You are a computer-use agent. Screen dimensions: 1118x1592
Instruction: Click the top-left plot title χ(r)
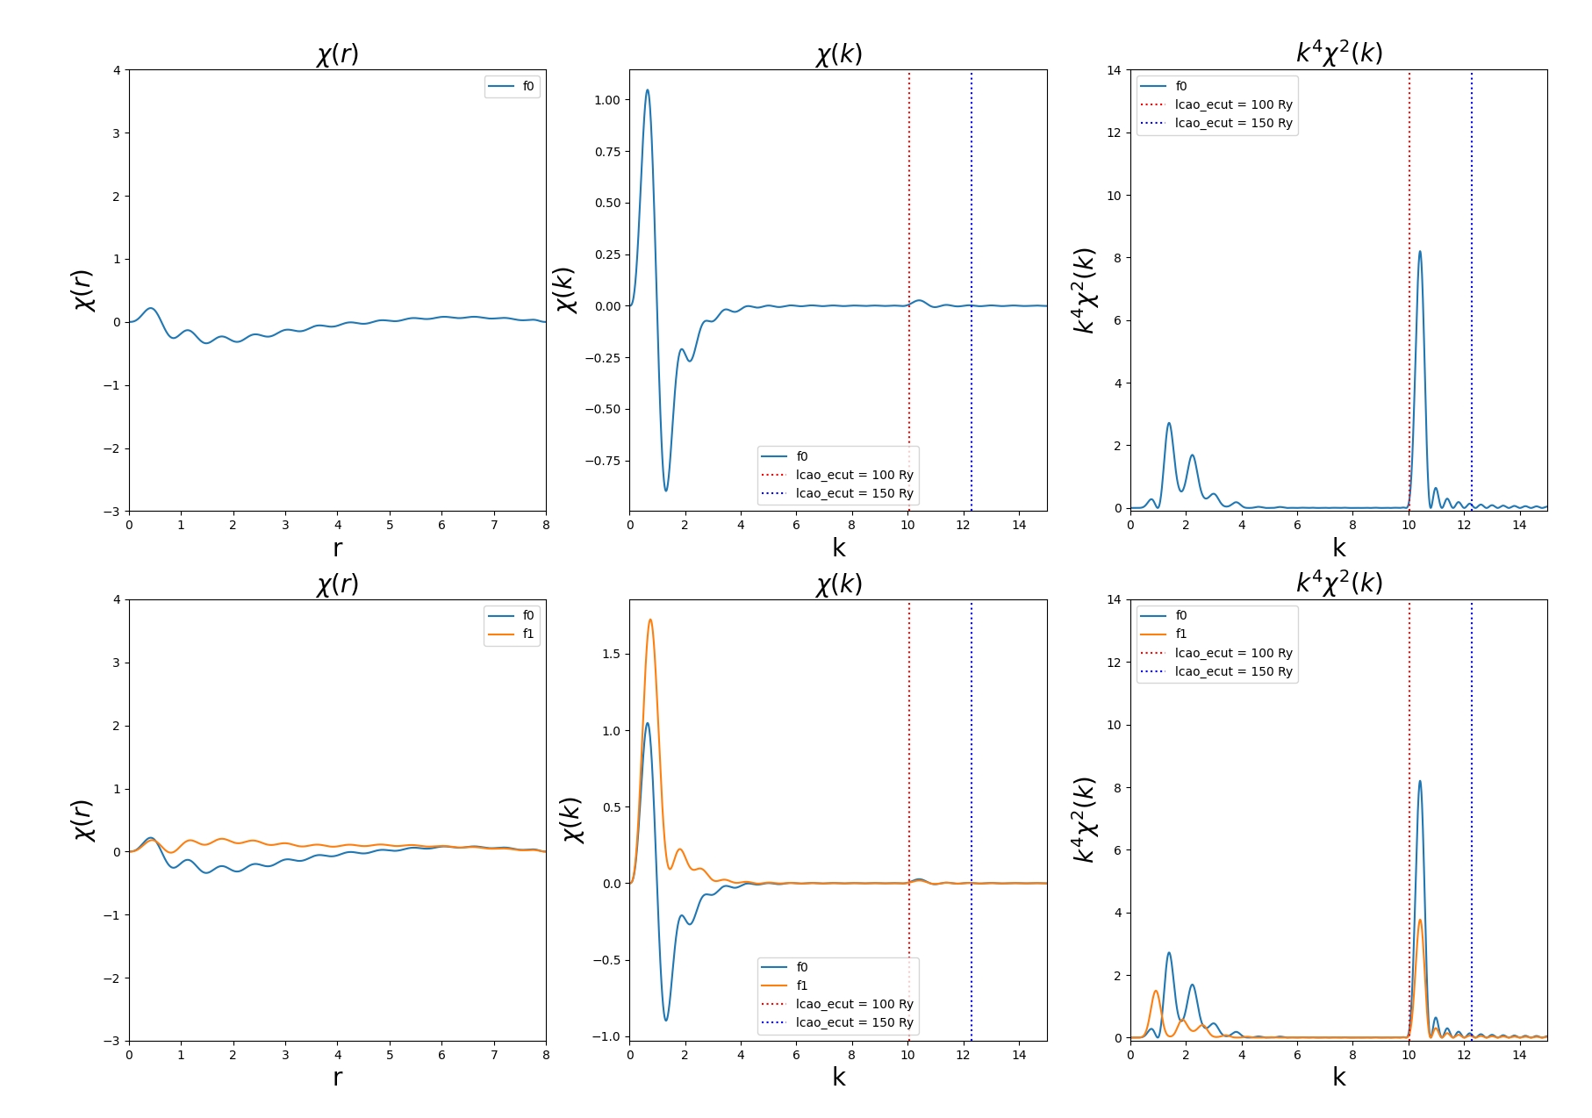[x=338, y=54]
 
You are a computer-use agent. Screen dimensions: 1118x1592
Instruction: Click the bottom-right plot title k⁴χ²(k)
[x=1339, y=583]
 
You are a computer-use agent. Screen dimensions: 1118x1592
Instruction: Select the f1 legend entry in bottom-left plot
[x=527, y=634]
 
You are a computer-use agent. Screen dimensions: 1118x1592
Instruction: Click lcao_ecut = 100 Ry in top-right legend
[x=1233, y=104]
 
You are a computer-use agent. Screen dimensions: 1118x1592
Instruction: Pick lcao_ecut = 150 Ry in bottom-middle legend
[x=854, y=1022]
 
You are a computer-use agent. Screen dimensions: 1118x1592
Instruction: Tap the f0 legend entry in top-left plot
[x=527, y=86]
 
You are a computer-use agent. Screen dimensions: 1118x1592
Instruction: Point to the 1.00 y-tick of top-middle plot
[x=606, y=100]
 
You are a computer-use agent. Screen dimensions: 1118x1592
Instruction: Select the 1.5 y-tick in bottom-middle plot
[x=611, y=654]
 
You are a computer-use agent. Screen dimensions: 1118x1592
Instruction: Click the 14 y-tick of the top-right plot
[x=1114, y=70]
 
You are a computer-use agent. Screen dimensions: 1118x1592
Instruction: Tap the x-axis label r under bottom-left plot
[x=338, y=1077]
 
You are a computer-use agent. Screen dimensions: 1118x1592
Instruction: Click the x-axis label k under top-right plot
[x=1339, y=548]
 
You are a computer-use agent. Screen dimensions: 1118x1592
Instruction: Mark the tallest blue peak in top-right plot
[x=1420, y=252]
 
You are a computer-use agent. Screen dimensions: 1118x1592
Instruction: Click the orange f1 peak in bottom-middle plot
[x=650, y=620]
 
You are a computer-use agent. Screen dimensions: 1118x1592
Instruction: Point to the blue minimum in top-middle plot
[x=666, y=490]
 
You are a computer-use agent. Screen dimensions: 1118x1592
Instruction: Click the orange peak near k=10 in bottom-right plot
[x=1420, y=920]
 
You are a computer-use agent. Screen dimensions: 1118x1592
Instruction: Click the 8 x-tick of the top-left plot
[x=546, y=525]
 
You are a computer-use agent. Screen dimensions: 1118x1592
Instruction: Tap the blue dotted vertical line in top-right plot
[x=1472, y=290]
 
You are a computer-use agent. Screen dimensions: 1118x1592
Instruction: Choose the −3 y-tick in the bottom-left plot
[x=115, y=1041]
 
